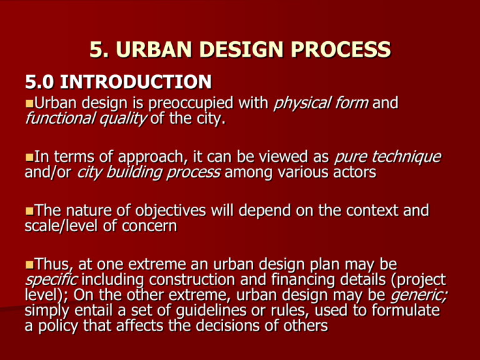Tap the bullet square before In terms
point(30,157)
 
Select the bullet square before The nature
point(30,211)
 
